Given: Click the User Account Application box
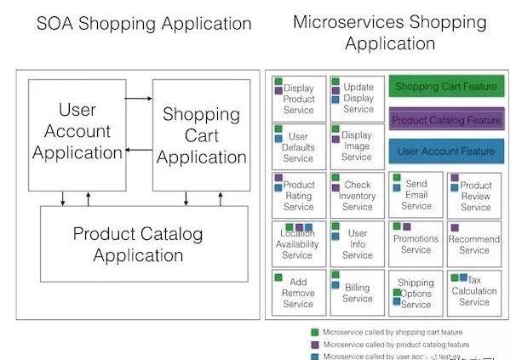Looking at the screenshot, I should coord(77,134).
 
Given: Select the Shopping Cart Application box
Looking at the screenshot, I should coord(200,135).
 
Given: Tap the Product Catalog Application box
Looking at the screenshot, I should coord(139,244).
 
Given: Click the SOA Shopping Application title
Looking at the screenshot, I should coord(144,25).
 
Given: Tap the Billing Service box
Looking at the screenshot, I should coord(358,294).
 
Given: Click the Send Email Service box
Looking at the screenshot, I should coord(416,195).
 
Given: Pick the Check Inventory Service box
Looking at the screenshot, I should coord(358,195).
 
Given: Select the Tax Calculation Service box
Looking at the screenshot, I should coord(474,291).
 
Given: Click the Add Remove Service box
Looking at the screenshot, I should coord(298,294).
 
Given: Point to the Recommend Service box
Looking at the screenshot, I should coord(474,244).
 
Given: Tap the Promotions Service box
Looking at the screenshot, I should coord(416,244).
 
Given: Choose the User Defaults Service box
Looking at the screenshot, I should coord(298,146).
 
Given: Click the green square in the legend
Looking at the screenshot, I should coord(313,332).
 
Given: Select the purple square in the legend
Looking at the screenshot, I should coord(313,345).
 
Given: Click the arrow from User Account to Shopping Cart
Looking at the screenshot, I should coord(139,99).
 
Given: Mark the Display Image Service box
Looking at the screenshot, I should coord(358,146).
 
